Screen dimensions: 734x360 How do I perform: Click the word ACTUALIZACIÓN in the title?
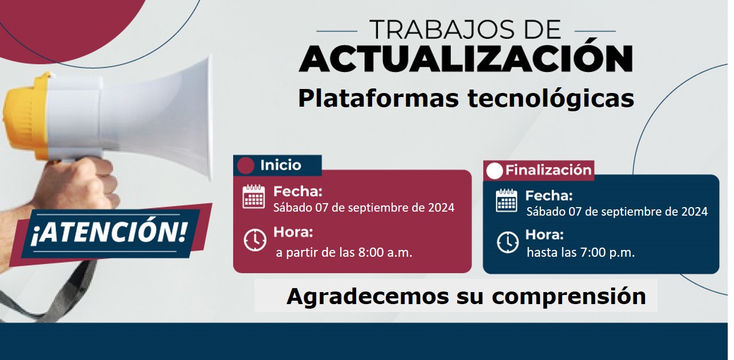pyautogui.click(x=466, y=58)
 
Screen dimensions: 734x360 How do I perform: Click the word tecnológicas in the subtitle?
pyautogui.click(x=551, y=99)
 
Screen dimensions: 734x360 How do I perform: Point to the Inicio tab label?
pyautogui.click(x=280, y=165)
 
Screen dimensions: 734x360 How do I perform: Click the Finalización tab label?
pyautogui.click(x=548, y=170)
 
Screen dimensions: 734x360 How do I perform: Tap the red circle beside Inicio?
pyautogui.click(x=246, y=165)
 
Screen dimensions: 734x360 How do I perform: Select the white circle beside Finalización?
pyautogui.click(x=494, y=171)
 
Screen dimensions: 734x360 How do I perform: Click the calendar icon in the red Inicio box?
pyautogui.click(x=253, y=196)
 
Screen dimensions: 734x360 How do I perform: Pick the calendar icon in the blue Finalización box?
pyautogui.click(x=507, y=200)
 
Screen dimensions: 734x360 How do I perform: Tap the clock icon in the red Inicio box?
pyautogui.click(x=255, y=240)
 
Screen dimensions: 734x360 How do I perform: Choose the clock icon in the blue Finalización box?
pyautogui.click(x=507, y=242)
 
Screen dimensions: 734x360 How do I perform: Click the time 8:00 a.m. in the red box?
pyautogui.click(x=385, y=253)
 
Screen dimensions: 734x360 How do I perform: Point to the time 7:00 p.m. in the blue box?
pyautogui.click(x=607, y=253)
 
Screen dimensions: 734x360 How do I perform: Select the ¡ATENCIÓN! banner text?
pyautogui.click(x=109, y=233)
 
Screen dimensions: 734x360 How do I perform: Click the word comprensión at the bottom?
pyautogui.click(x=568, y=297)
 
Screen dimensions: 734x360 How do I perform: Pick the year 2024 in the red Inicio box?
pyautogui.click(x=441, y=208)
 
